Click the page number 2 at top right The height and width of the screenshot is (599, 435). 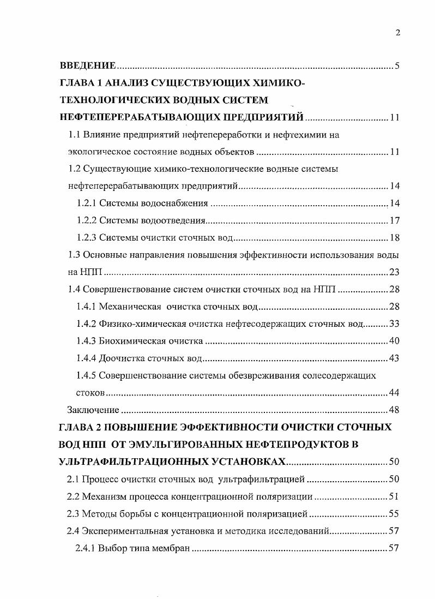point(397,33)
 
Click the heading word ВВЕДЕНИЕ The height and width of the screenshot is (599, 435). point(87,67)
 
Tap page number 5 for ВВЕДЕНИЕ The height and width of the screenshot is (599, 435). point(397,67)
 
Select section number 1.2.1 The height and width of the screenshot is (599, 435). point(86,203)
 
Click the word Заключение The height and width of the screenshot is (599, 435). point(93,410)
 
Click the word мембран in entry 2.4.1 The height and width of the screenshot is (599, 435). point(171,548)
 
